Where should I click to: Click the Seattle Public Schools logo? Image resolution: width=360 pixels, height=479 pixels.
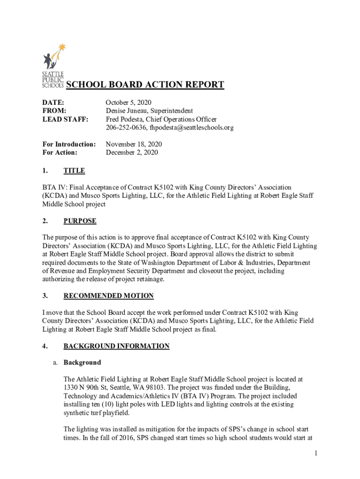53,65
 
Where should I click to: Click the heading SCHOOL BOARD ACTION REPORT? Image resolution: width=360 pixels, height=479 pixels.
145,85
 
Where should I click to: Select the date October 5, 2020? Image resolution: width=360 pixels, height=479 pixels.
129,102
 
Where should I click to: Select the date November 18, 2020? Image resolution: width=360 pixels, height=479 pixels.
134,144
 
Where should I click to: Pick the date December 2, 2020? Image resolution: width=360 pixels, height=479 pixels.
132,152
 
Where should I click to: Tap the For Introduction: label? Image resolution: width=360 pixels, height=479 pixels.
69,144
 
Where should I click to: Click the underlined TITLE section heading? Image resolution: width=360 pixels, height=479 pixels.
74,171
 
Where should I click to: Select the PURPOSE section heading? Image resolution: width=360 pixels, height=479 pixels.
80,221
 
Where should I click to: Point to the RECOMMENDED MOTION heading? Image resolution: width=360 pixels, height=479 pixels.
108,296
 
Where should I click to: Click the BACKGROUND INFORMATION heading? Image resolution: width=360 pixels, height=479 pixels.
116,346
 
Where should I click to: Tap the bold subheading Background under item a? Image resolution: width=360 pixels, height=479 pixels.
82,363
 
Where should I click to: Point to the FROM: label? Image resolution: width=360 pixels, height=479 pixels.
53,111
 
